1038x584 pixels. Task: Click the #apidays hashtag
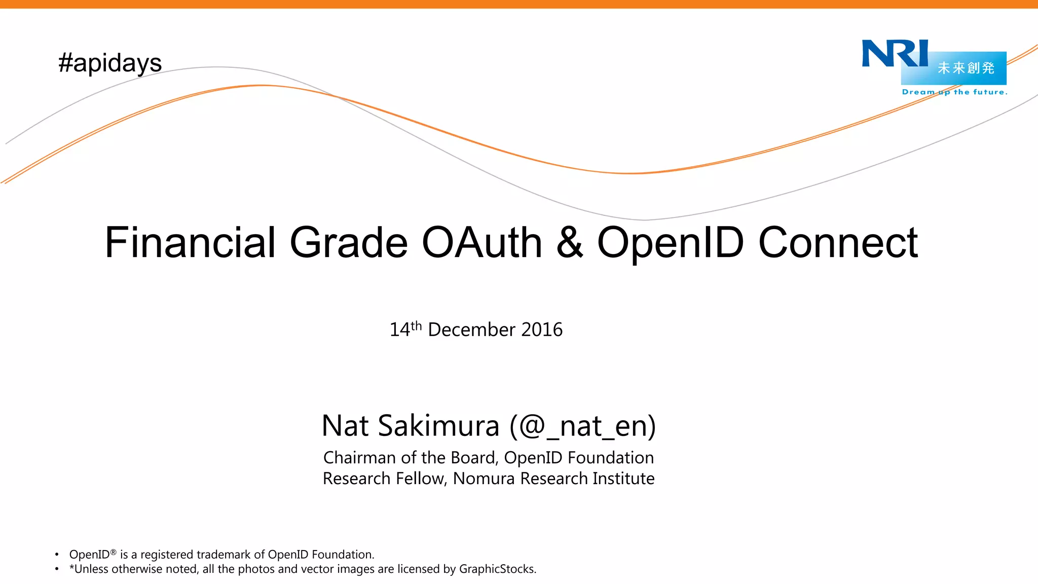pos(110,63)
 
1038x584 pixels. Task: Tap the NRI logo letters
pos(895,53)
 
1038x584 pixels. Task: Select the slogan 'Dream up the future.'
pos(954,92)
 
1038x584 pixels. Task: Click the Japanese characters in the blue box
pos(966,68)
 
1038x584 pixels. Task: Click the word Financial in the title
pos(190,242)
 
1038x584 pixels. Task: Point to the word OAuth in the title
pos(482,242)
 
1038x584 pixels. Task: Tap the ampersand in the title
pos(570,242)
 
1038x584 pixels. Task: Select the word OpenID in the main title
pos(671,243)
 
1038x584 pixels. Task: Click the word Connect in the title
pos(838,242)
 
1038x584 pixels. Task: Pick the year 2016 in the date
pos(542,330)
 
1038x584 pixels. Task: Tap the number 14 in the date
pos(399,330)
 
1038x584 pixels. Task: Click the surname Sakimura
pos(439,425)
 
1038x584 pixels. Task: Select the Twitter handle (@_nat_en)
pos(583,426)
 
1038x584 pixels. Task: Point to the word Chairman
pos(359,458)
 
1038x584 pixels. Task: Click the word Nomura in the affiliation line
pos(484,479)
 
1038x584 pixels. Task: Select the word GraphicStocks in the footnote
pos(497,569)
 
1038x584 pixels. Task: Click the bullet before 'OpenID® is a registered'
pos(57,555)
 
